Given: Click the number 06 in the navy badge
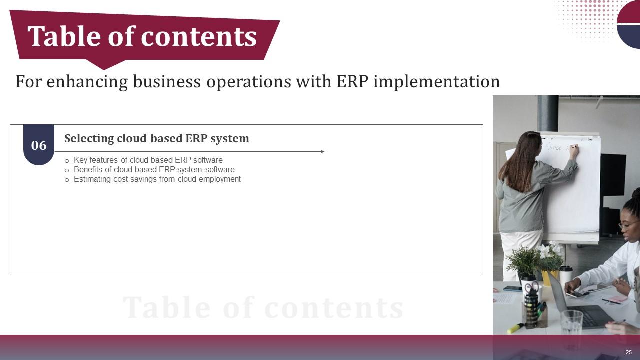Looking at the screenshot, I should tap(39, 145).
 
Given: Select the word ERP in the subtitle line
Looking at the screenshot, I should tap(353, 81).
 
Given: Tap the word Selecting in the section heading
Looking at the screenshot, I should tap(89, 138).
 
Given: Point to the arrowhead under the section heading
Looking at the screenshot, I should tap(322, 151).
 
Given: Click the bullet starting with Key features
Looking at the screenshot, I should tap(148, 160).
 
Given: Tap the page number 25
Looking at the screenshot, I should tap(628, 352).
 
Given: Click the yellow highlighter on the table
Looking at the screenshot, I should tap(515, 328).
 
